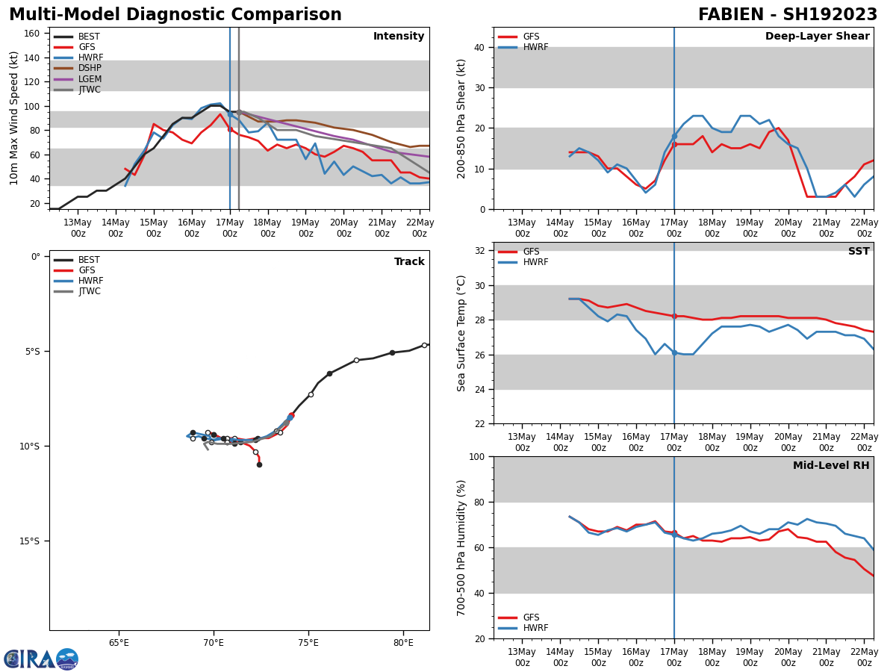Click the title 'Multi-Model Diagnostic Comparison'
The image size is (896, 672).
pos(175,15)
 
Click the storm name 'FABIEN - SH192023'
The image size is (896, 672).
pos(788,15)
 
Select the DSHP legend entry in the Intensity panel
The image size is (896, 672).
pos(90,69)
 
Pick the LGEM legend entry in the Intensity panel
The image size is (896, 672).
pos(90,79)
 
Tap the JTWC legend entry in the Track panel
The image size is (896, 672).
pos(90,292)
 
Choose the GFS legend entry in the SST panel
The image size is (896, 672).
pos(530,252)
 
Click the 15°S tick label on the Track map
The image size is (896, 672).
pos(29,541)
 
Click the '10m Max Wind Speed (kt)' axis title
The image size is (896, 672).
pos(14,118)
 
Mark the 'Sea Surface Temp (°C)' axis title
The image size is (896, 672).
pos(462,333)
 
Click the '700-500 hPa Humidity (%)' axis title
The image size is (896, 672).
pos(462,547)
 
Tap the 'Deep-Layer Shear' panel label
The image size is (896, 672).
pos(817,37)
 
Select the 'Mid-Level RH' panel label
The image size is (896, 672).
pos(830,466)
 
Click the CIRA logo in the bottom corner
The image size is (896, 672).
pos(41,659)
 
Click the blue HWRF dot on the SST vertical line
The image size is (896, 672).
pos(674,352)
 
